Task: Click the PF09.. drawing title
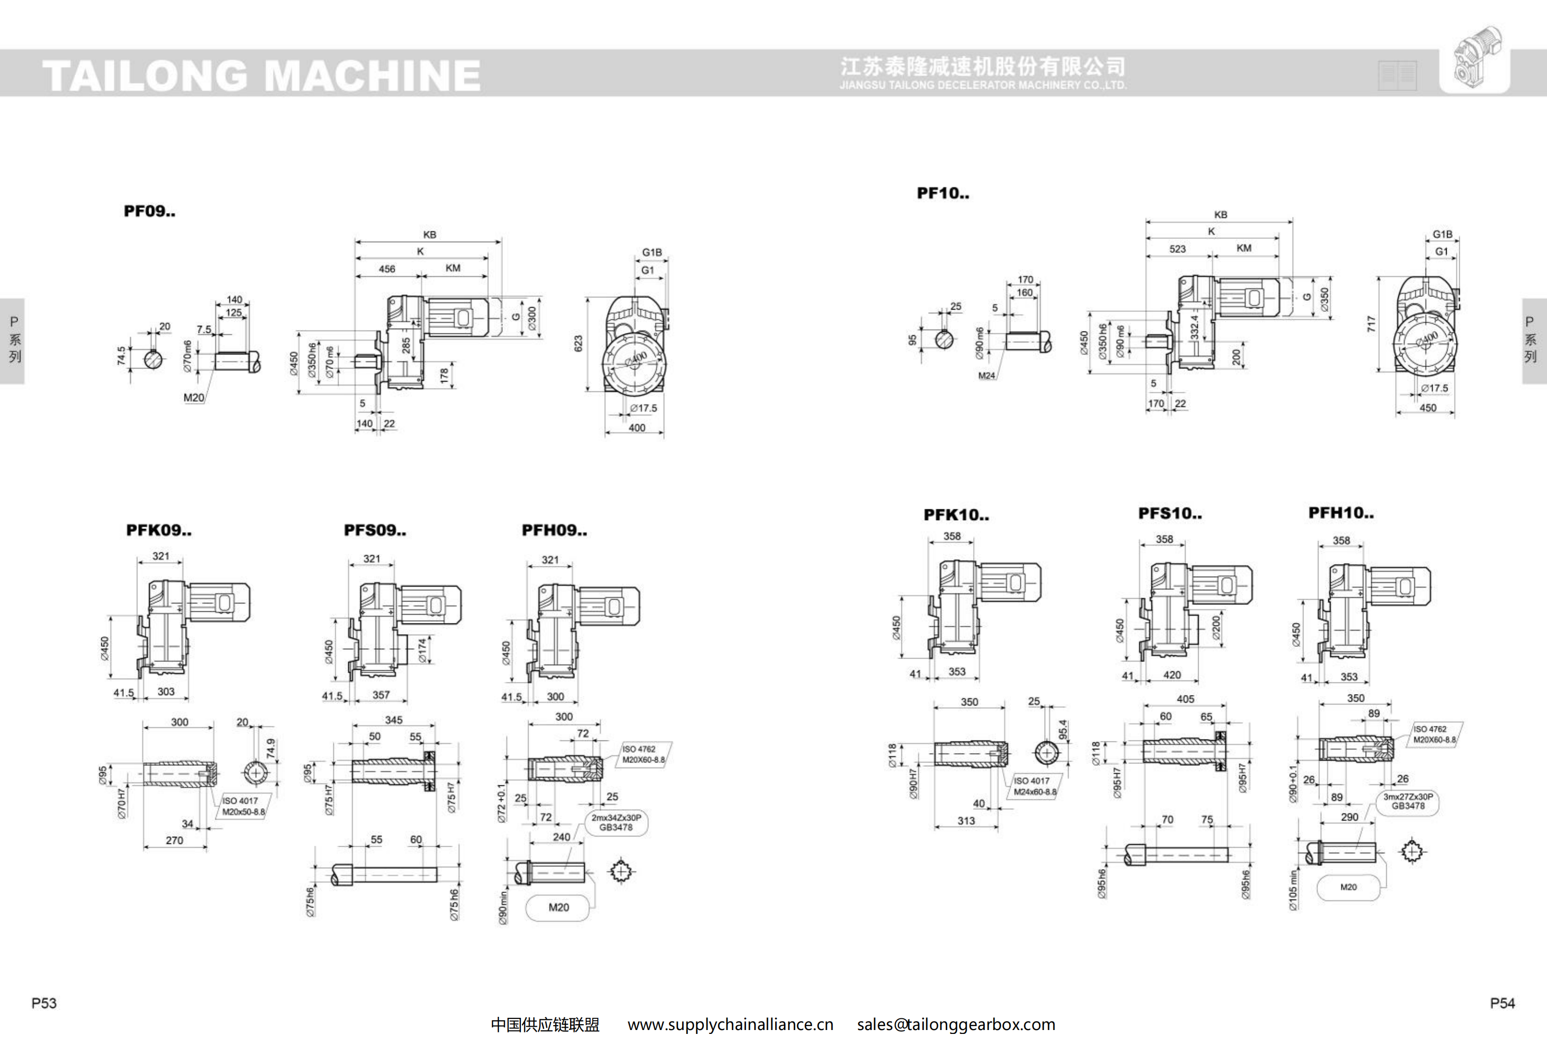click(x=149, y=211)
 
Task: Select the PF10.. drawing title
click(x=943, y=193)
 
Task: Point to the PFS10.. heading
click(x=1169, y=513)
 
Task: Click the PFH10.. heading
click(x=1340, y=513)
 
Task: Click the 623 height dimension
click(x=578, y=344)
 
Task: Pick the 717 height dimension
click(x=1371, y=324)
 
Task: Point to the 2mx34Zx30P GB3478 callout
click(x=616, y=822)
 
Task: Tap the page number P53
click(x=44, y=1003)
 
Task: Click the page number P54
click(x=1502, y=1003)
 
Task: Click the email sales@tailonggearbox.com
click(x=956, y=1025)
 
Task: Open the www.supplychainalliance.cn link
click(x=730, y=1025)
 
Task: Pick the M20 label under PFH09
click(x=558, y=908)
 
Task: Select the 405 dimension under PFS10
click(x=1185, y=699)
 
